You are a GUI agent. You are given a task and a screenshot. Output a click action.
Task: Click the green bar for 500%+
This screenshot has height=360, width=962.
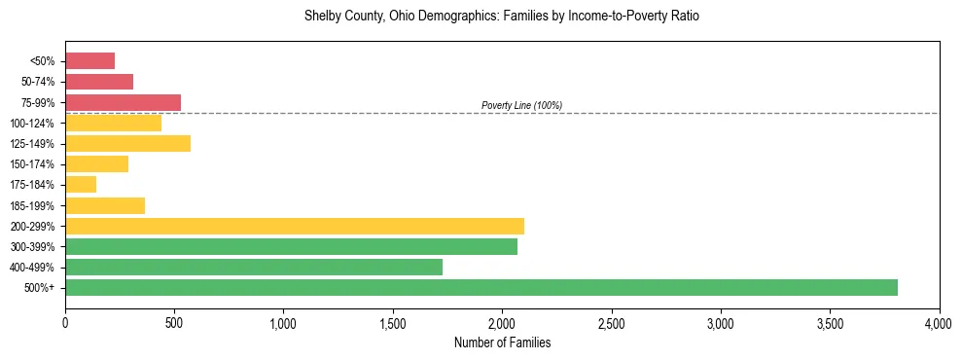481,287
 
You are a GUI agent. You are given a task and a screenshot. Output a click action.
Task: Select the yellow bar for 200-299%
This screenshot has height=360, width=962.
295,226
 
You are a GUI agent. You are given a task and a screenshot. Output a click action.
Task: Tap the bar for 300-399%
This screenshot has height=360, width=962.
291,246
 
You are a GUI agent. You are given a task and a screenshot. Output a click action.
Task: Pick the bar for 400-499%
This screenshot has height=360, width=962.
254,267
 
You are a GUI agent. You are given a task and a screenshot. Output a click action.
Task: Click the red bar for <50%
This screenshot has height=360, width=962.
89,61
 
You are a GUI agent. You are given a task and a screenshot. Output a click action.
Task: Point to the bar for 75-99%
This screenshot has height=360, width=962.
123,102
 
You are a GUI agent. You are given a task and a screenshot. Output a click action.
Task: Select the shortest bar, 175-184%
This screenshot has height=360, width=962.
81,184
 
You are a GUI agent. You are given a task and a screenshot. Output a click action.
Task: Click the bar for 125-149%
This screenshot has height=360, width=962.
127,143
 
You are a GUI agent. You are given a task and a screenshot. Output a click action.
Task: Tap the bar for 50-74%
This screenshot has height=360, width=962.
99,82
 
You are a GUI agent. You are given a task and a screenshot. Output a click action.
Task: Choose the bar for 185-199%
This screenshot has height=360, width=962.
105,205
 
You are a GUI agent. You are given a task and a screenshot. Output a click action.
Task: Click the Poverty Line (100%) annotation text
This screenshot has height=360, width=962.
521,105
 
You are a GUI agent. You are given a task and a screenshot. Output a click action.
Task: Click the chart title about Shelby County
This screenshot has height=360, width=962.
502,17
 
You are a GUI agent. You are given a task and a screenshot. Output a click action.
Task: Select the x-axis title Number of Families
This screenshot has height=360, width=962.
502,342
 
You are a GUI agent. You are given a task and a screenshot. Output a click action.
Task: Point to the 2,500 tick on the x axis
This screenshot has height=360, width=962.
612,322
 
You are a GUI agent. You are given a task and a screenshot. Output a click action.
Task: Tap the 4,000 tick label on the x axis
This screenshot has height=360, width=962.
939,322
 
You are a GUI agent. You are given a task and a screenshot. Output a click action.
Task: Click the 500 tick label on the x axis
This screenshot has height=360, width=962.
174,322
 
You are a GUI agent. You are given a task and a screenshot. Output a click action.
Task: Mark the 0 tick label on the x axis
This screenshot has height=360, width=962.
65,322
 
